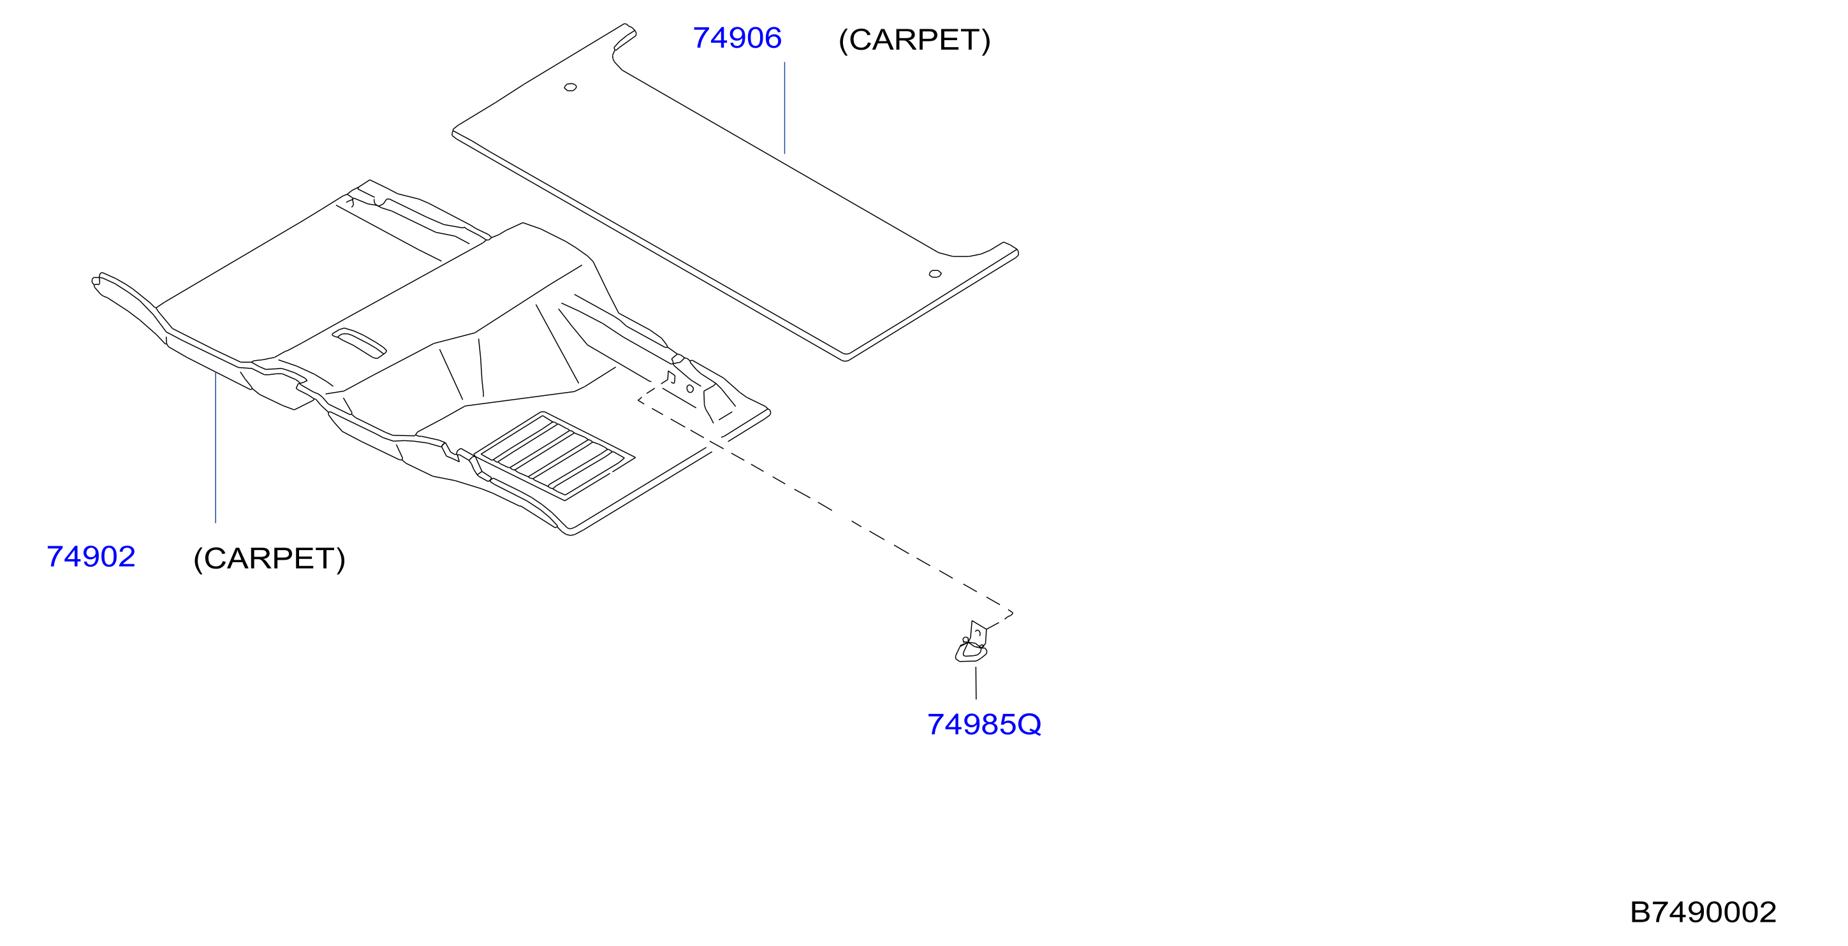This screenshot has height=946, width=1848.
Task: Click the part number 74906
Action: point(737,38)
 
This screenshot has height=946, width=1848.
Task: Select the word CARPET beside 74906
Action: point(914,40)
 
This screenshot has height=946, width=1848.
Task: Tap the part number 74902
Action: point(91,557)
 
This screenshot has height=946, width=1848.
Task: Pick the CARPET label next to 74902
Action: point(270,558)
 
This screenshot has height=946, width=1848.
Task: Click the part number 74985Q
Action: point(985,724)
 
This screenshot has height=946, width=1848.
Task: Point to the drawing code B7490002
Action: point(1703,912)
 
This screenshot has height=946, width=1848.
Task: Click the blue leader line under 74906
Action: point(784,108)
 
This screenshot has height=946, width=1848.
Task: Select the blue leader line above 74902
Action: point(216,448)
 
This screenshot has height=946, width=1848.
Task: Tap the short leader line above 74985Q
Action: point(976,683)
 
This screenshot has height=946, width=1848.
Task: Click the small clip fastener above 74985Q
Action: point(972,643)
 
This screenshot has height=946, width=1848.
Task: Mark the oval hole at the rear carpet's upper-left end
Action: point(570,87)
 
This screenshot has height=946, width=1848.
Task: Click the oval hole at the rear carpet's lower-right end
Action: point(935,274)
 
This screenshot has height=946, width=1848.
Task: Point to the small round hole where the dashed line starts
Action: point(690,389)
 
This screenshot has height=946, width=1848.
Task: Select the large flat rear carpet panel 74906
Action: point(735,193)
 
